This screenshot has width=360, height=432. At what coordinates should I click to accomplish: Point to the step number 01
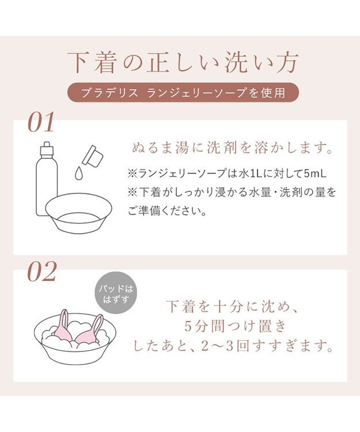(x=41, y=122)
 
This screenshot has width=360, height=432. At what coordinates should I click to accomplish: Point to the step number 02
(x=41, y=271)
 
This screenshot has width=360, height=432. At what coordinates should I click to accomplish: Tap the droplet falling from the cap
(x=78, y=172)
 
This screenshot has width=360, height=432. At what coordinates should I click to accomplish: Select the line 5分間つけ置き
(x=233, y=326)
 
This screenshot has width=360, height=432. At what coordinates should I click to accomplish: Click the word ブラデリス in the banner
(x=108, y=92)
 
